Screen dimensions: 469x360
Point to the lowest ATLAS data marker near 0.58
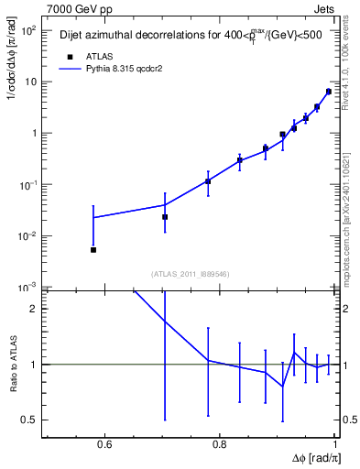click(93, 249)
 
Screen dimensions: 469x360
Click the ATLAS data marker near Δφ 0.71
click(165, 217)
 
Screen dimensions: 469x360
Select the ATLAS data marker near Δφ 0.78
click(208, 181)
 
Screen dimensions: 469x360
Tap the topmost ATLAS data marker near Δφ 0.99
click(329, 92)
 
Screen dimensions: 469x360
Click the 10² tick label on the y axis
click(28, 30)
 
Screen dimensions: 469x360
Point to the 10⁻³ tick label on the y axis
click(27, 287)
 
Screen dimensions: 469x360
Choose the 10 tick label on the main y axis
click(31, 82)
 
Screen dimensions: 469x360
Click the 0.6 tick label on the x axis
click(104, 445)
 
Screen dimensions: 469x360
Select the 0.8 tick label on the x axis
click(219, 445)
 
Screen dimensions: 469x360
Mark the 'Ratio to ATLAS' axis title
click(12, 364)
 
